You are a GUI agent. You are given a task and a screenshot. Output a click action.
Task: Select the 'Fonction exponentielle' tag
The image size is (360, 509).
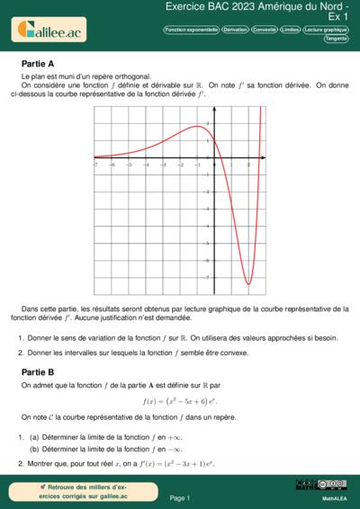pos(190,30)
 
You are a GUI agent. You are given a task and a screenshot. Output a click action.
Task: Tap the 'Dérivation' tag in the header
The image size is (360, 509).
pos(235,30)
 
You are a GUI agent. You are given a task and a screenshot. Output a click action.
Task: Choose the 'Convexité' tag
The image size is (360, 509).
pos(265,30)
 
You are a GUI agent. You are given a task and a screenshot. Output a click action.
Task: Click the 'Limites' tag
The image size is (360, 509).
pos(290,30)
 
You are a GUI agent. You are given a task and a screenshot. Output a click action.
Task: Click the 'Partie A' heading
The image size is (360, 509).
pos(38,65)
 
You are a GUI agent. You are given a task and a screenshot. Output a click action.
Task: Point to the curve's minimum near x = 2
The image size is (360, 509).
pos(247,285)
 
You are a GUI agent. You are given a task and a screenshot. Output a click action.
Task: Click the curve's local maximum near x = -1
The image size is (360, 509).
pos(197,126)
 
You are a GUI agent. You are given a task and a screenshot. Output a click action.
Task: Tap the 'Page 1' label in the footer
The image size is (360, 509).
pos(180,497)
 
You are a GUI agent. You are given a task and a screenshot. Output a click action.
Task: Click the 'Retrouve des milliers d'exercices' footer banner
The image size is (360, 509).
pos(71,491)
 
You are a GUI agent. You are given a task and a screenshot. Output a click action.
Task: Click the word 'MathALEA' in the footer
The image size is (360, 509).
pos(334,496)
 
